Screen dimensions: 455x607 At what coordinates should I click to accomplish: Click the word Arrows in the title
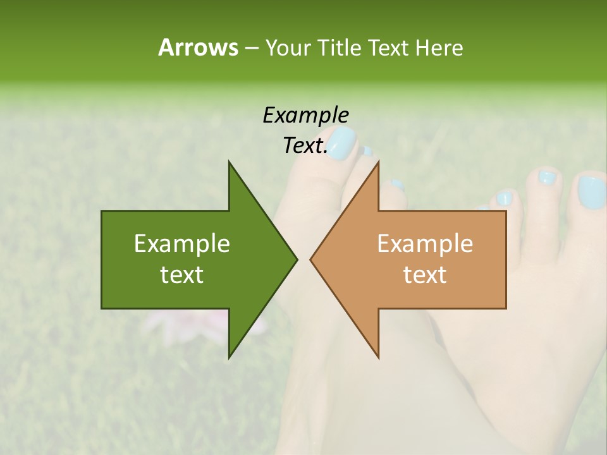[x=198, y=47]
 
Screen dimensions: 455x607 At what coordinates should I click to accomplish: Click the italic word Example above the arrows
[x=305, y=115]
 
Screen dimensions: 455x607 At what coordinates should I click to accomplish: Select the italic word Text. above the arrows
[x=305, y=146]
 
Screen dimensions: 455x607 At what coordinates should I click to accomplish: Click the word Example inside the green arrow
[x=182, y=244]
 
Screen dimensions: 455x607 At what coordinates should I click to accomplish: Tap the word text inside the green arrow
[x=182, y=275]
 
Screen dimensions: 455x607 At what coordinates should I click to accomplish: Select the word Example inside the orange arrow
[x=425, y=244]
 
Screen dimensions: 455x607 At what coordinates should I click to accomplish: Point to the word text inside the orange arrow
[x=425, y=275]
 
